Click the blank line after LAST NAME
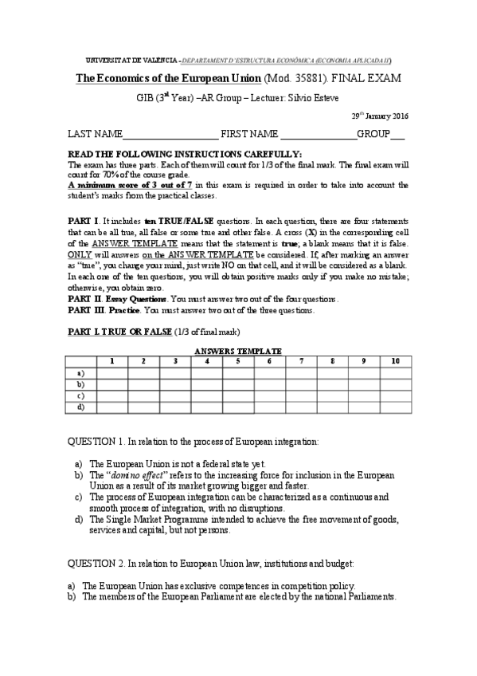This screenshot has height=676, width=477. click(x=170, y=136)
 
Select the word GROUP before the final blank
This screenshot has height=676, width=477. click(x=373, y=134)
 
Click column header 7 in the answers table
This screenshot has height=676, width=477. click(x=301, y=361)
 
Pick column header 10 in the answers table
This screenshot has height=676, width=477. click(x=395, y=361)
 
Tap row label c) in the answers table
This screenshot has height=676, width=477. click(x=80, y=395)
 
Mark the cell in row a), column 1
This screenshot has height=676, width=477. click(x=111, y=372)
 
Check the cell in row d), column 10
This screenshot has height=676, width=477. click(x=395, y=407)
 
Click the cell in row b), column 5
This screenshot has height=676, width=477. click(x=238, y=384)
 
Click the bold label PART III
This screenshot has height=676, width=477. click(x=85, y=310)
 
